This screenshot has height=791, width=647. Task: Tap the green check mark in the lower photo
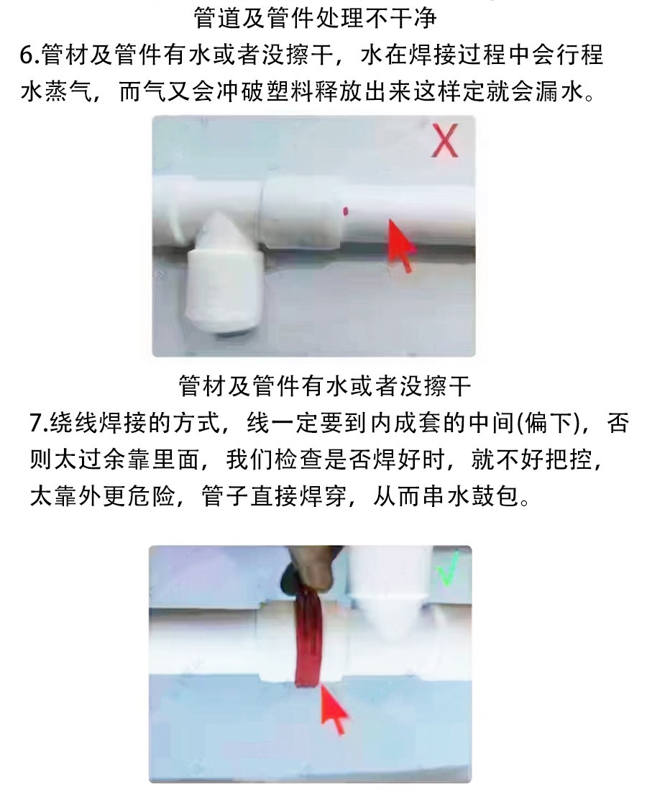[x=449, y=569]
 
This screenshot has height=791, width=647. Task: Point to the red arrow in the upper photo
[x=400, y=245]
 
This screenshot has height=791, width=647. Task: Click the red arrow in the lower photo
[x=334, y=708]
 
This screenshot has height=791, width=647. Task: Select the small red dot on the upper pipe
[x=346, y=211]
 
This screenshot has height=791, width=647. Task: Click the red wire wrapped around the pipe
[x=308, y=636]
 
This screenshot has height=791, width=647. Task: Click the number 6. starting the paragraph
[x=30, y=55]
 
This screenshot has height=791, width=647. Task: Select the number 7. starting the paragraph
[x=38, y=423]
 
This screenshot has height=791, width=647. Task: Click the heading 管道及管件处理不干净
[x=315, y=19]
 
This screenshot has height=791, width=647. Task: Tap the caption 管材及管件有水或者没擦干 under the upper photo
[x=325, y=386]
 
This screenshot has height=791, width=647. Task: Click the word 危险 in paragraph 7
[x=151, y=496]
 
